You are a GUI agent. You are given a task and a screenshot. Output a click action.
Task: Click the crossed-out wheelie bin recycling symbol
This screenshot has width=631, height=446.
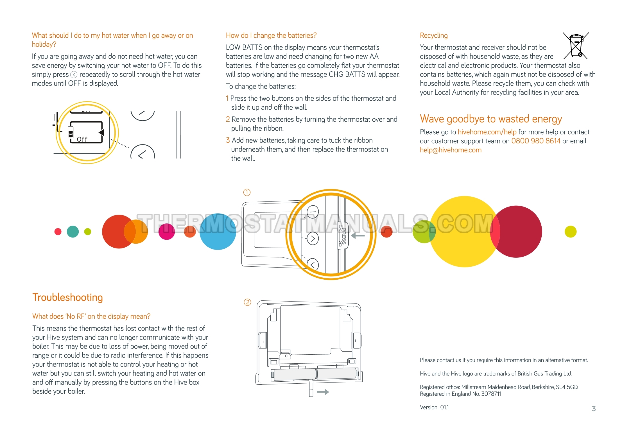coord(575,46)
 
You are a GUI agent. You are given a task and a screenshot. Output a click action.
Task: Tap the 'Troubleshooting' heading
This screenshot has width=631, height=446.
coord(67,297)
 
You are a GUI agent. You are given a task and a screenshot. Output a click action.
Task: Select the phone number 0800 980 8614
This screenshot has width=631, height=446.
coord(536,141)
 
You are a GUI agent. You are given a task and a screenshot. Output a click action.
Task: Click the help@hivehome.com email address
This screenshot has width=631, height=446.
coord(451,150)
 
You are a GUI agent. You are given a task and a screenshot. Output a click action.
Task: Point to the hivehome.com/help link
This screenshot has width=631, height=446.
coord(487,132)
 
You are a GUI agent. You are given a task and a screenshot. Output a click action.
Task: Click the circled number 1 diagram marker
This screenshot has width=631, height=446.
coord(247,193)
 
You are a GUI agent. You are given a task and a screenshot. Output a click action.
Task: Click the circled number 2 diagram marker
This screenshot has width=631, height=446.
coord(247,302)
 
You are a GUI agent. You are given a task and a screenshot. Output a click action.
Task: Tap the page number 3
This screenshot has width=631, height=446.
coord(594,409)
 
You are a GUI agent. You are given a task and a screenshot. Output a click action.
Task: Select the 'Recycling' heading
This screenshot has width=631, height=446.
coord(434,35)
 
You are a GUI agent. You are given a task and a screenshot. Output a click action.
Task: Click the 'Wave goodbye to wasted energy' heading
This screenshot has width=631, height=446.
coord(491,119)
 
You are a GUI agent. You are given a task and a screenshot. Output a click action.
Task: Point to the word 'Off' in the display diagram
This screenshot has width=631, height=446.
coord(82,139)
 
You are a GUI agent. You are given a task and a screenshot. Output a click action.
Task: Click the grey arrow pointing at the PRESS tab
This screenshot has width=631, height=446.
coord(358,236)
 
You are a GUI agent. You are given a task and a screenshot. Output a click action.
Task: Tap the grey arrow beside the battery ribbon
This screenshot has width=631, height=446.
coord(323,392)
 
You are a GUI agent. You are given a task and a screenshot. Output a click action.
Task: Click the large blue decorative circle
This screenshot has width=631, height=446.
coord(218,232)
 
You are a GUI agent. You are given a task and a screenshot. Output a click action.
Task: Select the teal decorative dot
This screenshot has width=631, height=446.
coord(73,232)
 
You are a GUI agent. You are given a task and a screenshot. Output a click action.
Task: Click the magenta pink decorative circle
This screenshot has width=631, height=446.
coord(167,232)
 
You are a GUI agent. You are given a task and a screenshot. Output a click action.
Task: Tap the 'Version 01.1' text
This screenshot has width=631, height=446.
coord(434,407)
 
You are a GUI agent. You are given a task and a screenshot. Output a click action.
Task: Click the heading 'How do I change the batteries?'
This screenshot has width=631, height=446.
coord(271,35)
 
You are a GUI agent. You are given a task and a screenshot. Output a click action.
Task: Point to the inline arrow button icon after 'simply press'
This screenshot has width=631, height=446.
coord(74,74)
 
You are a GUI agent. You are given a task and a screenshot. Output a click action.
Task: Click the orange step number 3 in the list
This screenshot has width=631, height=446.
coord(228,140)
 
